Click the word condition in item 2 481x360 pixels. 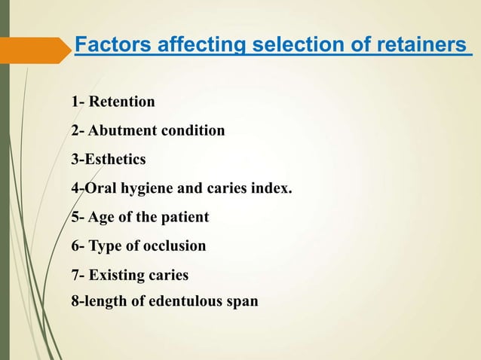190,130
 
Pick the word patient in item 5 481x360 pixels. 183,218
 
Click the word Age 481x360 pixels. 102,218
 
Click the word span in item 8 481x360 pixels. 242,301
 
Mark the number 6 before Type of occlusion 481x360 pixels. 75,246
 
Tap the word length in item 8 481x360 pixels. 100,301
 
